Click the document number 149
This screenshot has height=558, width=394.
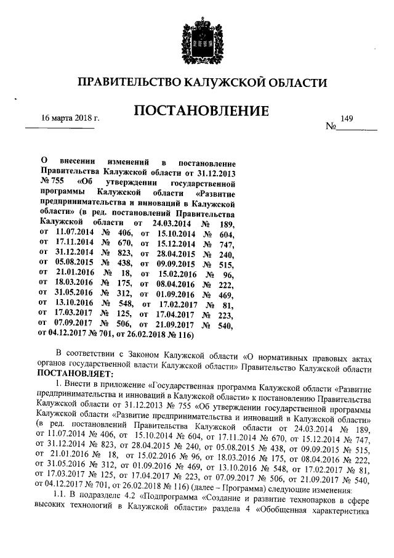coord(346,117)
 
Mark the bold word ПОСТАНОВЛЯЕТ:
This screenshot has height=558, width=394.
coord(75,374)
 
